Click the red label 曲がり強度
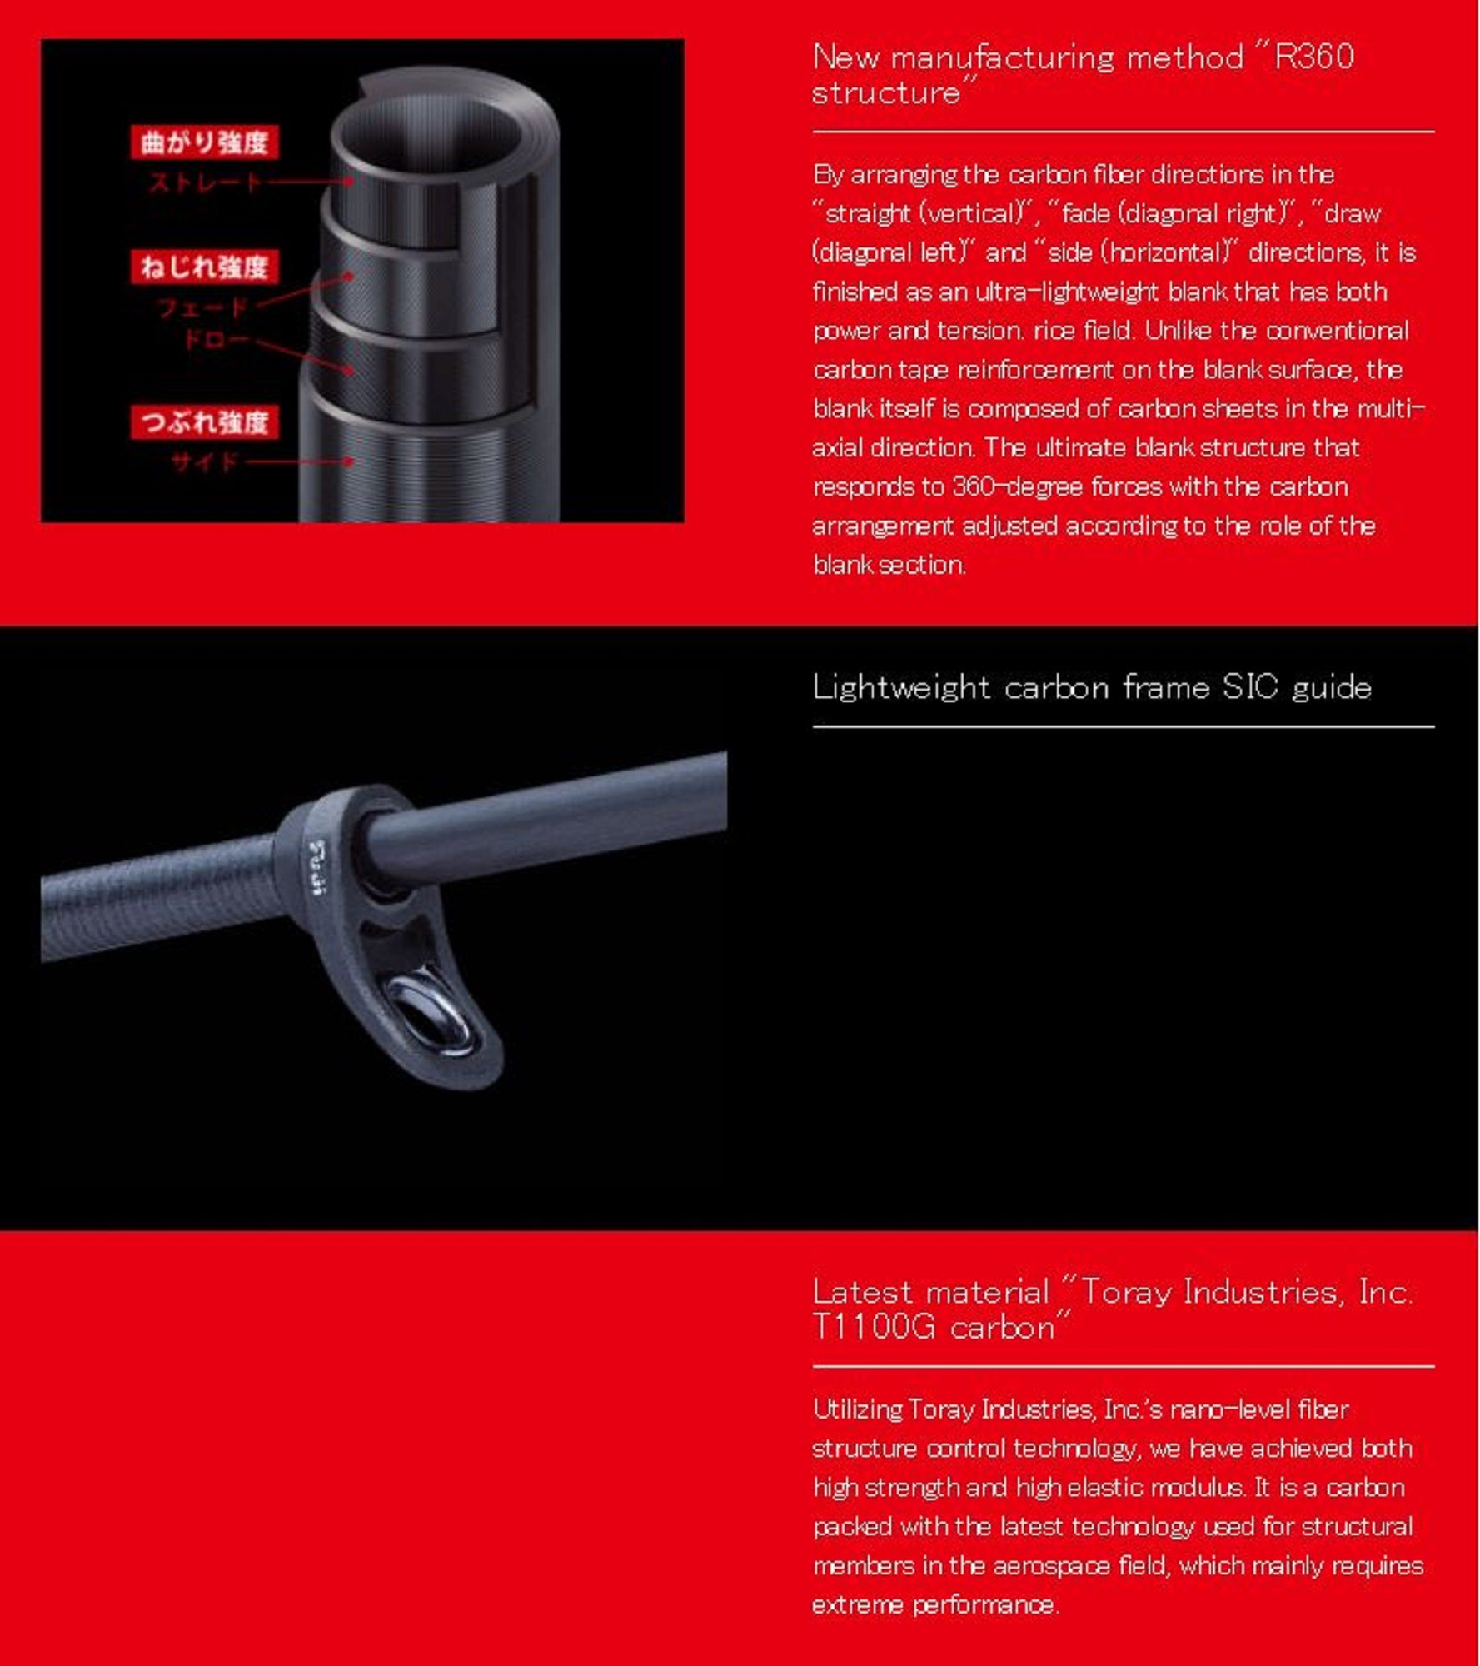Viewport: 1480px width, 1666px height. (204, 142)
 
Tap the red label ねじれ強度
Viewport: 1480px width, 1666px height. (204, 267)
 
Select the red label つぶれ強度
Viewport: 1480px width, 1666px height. (204, 422)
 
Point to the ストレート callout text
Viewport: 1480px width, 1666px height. (205, 182)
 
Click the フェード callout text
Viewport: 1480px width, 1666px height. (203, 308)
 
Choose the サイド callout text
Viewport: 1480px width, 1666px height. (205, 461)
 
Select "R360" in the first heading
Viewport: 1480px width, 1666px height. (1313, 57)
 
